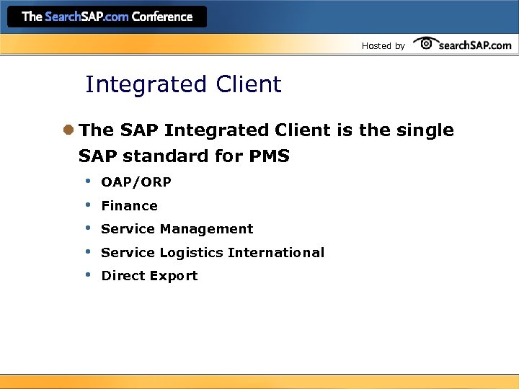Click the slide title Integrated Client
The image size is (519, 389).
coord(183,85)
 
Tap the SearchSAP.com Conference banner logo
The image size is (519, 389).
coord(107,17)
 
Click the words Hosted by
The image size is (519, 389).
coord(383,46)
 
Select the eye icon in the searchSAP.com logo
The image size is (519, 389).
coord(427,43)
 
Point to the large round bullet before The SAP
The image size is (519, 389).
coord(68,130)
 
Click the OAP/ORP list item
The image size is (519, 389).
coord(136,182)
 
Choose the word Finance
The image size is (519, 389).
coord(129,206)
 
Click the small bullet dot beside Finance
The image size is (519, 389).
coord(86,205)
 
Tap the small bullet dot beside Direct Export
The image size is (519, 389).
coord(86,274)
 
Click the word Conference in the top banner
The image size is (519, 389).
coord(162,17)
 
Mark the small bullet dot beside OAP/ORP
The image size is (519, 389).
coord(86,181)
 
